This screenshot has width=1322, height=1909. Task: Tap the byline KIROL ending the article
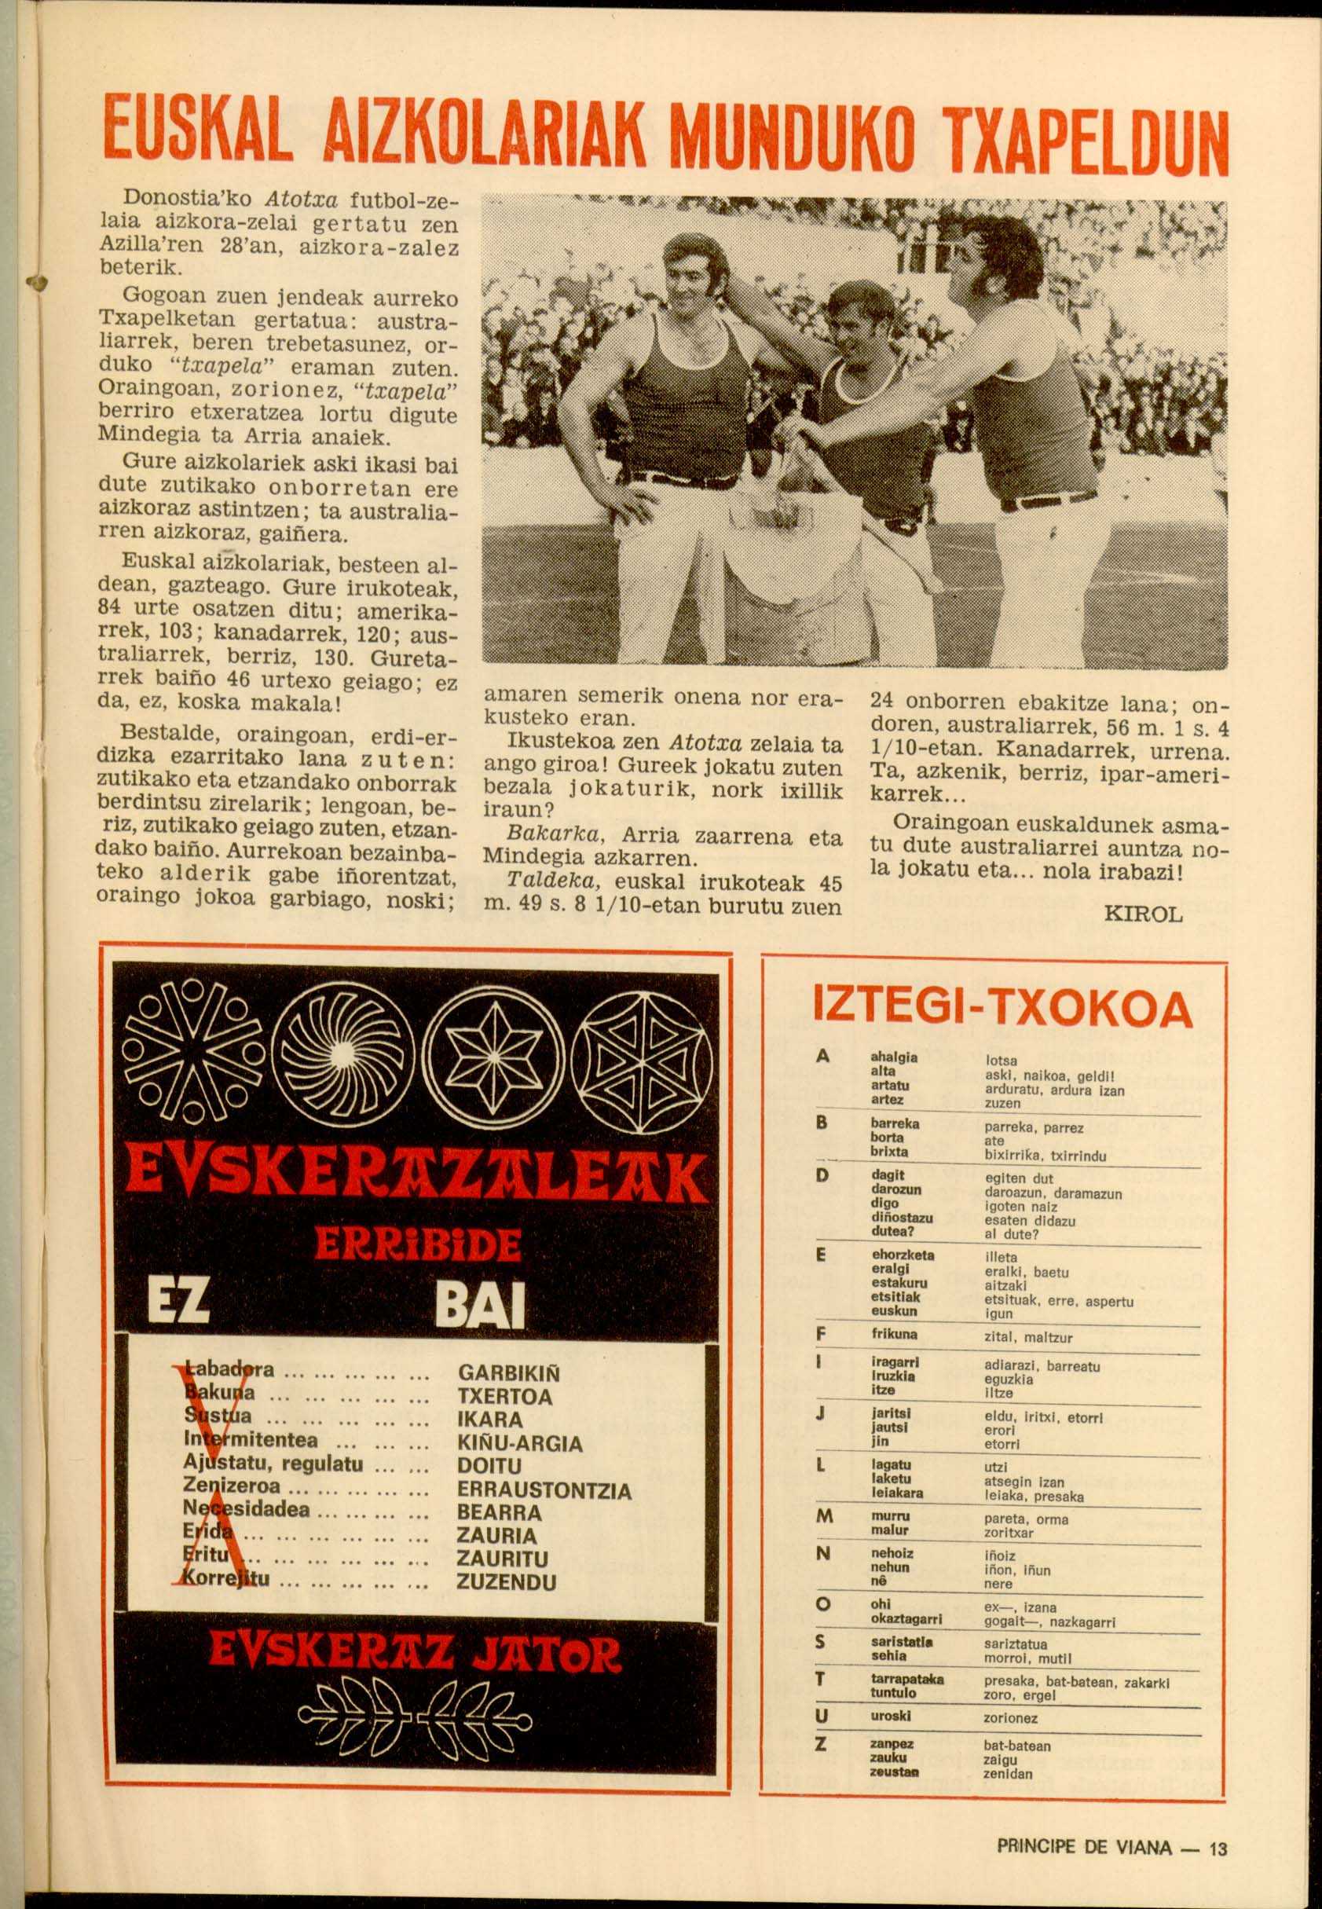click(1143, 914)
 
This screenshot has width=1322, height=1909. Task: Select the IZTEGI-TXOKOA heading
click(1003, 1009)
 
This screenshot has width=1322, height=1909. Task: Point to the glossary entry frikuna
click(894, 1334)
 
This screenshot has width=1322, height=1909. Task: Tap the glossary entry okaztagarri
click(906, 1619)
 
